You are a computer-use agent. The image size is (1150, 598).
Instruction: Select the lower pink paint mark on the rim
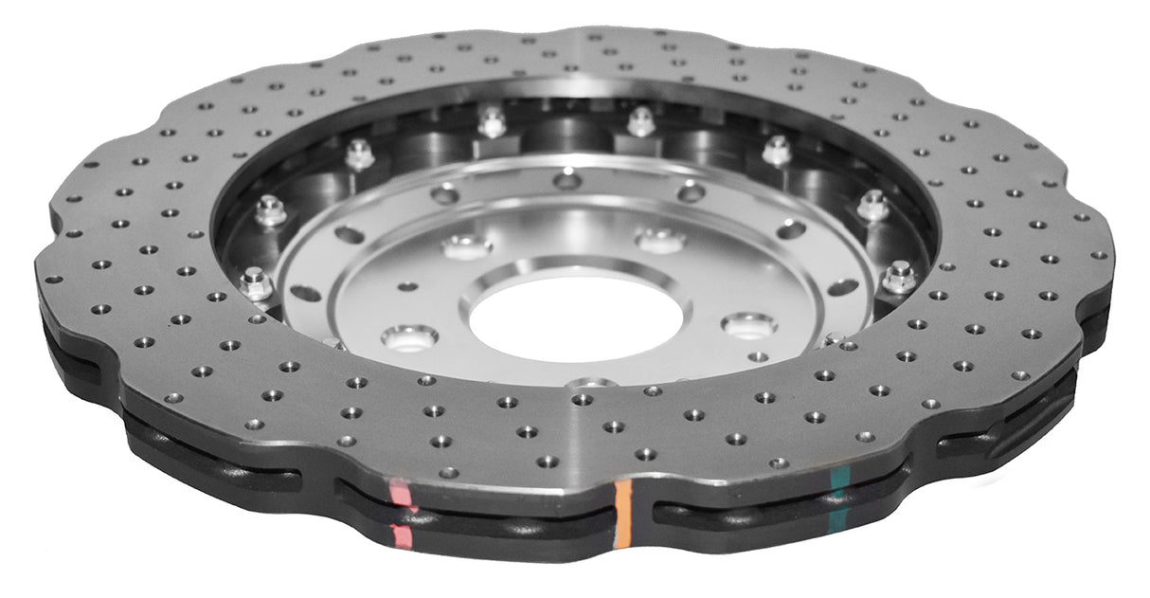click(404, 536)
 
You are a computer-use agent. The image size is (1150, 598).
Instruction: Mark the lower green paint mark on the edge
click(838, 517)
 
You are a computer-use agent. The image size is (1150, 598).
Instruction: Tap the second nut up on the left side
click(271, 210)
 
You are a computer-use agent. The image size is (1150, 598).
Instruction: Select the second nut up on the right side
click(873, 205)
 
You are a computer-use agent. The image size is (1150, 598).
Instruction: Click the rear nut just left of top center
click(492, 122)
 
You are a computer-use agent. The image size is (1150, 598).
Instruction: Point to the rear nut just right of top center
click(641, 121)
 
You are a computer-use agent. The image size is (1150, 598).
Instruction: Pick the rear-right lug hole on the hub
click(660, 240)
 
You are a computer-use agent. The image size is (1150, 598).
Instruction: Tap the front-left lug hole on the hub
click(409, 336)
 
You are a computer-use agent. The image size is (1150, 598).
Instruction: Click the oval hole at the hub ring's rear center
click(566, 179)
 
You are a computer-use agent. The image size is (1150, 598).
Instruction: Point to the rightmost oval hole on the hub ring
click(842, 285)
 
